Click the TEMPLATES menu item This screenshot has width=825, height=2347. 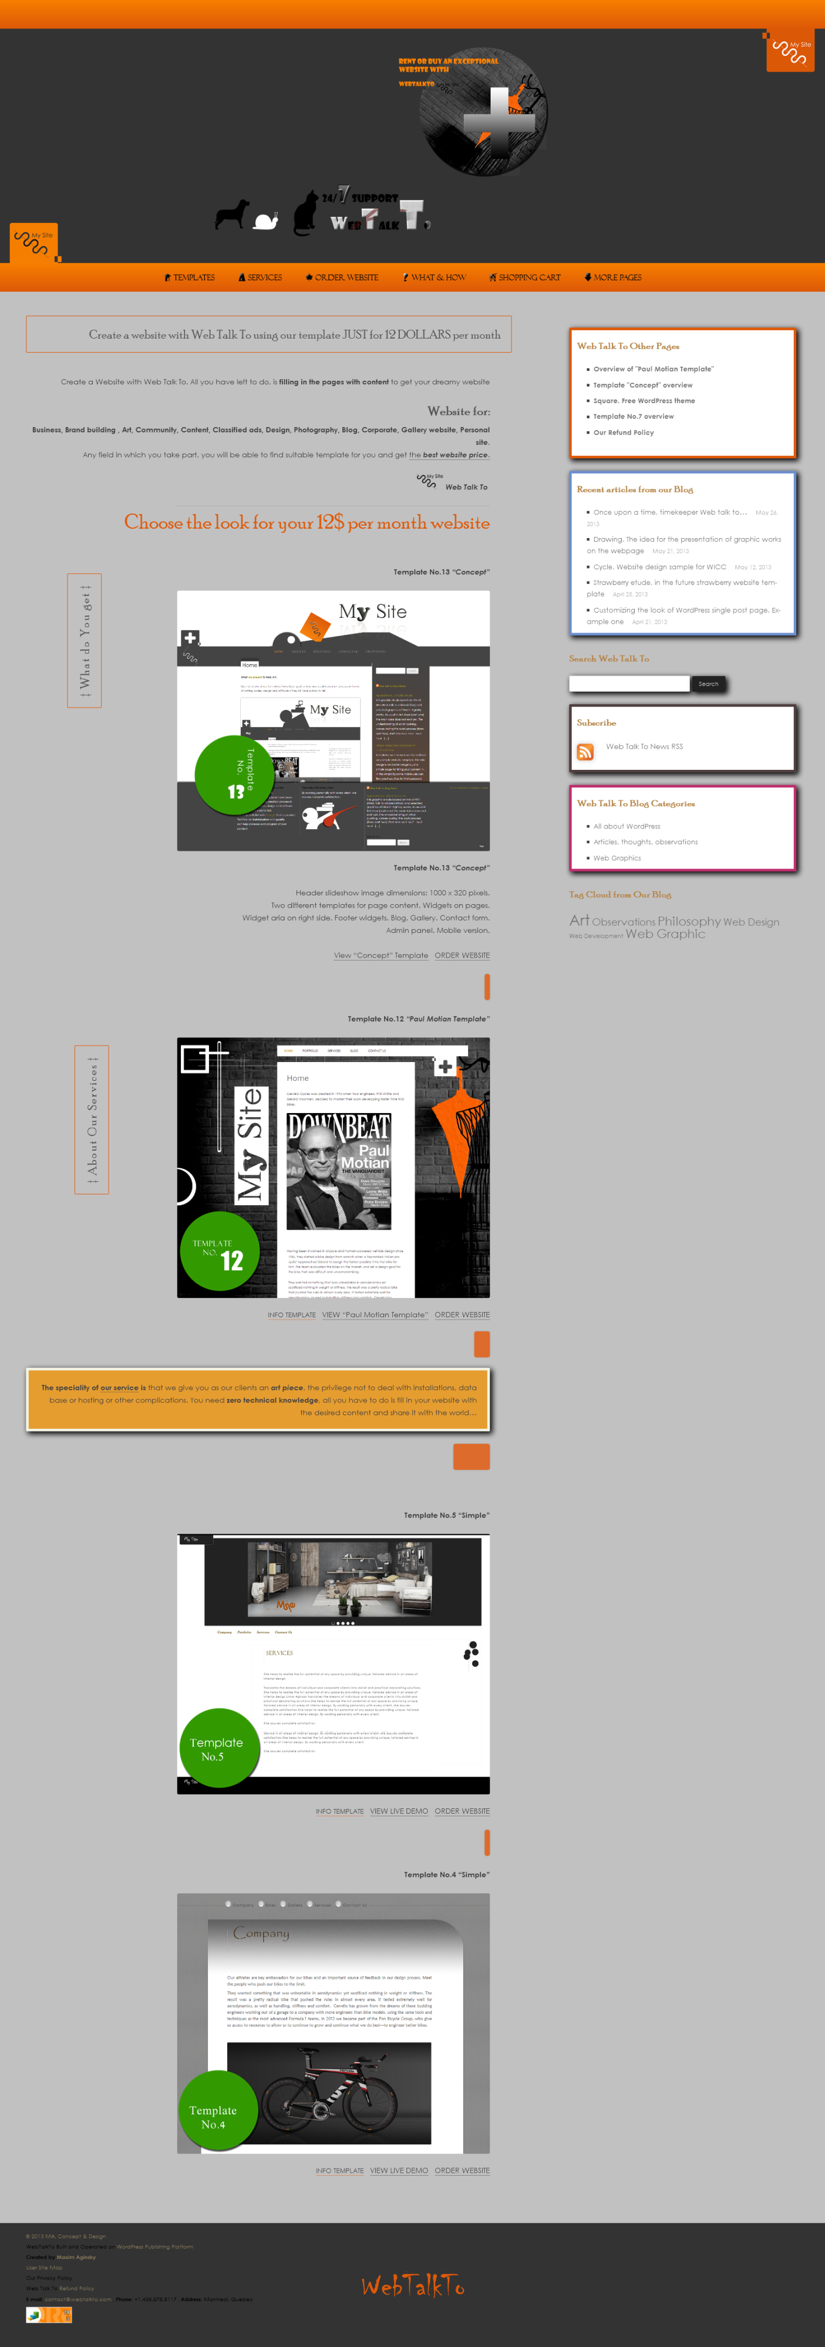click(190, 277)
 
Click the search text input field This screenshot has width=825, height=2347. click(629, 684)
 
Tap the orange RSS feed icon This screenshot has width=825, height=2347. click(585, 752)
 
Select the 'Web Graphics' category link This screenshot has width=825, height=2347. click(617, 858)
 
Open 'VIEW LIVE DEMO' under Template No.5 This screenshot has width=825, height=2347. click(398, 1811)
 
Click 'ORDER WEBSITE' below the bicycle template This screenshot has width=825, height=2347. click(462, 2170)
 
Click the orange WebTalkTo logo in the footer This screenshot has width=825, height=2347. click(413, 2285)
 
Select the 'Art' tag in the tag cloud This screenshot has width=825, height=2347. click(579, 921)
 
